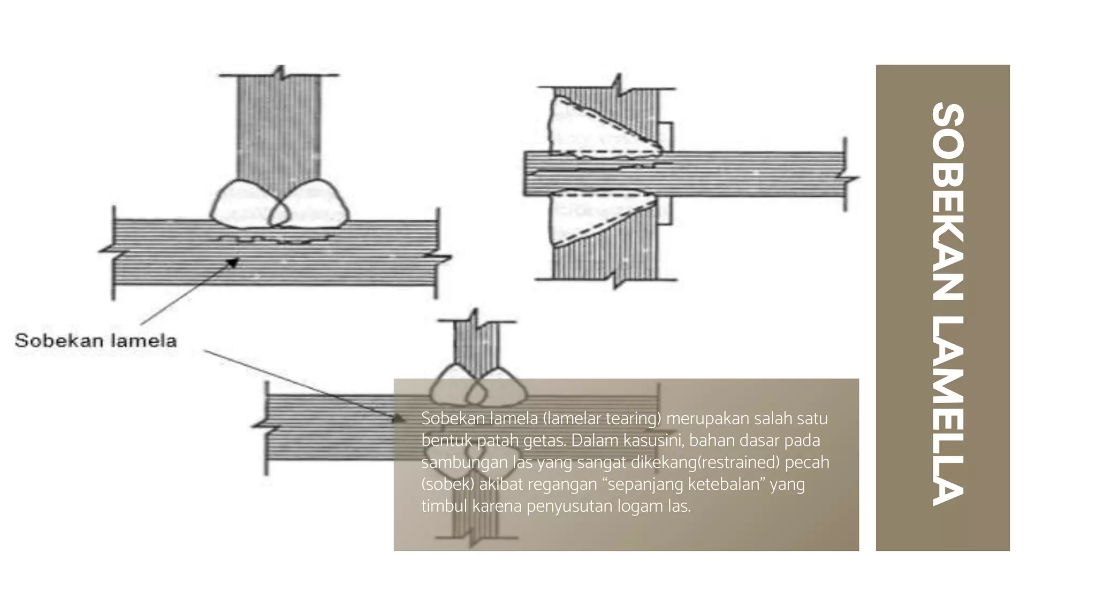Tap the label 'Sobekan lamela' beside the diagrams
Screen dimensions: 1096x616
(96, 341)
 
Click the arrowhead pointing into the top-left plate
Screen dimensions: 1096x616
(232, 262)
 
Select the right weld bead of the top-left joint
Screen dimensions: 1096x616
(309, 204)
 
